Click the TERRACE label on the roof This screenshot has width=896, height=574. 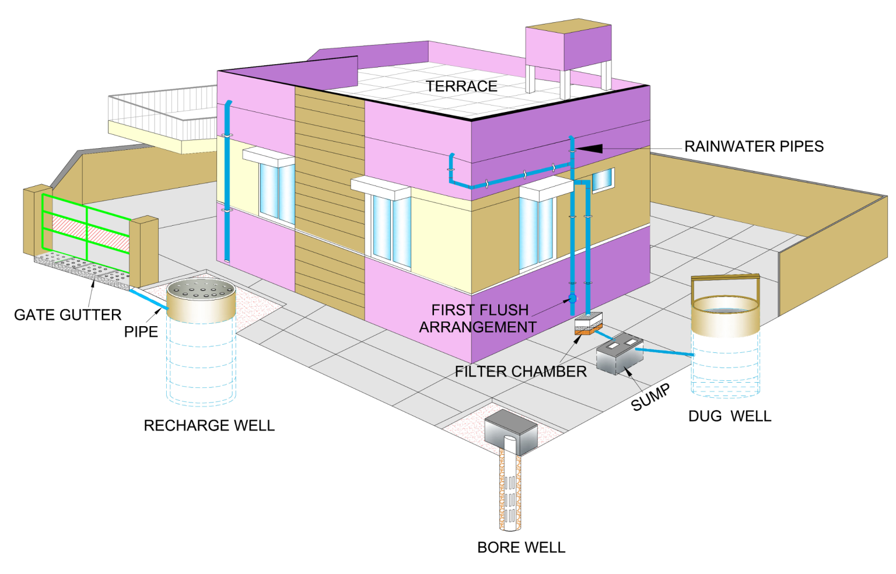click(461, 86)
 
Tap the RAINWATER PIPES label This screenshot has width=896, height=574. click(754, 146)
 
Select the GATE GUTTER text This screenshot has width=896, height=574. click(68, 315)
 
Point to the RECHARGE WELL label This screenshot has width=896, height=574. click(209, 426)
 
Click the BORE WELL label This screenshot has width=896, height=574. click(521, 548)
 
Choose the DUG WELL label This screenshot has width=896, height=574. click(730, 416)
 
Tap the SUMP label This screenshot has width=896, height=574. click(650, 398)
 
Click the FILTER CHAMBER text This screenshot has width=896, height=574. click(520, 372)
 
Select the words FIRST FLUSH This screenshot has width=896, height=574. click(480, 310)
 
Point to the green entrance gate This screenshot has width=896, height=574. click(85, 228)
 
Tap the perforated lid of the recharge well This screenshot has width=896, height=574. click(201, 288)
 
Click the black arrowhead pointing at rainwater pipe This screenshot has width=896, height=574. click(589, 149)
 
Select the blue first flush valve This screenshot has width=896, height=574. click(572, 298)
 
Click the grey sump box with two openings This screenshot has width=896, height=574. click(619, 353)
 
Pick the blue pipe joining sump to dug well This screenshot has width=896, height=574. click(664, 352)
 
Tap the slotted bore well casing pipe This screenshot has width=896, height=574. click(510, 490)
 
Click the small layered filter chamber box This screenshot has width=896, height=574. click(588, 324)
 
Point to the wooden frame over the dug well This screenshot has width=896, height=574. click(726, 280)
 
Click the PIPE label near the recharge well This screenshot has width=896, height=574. click(141, 332)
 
